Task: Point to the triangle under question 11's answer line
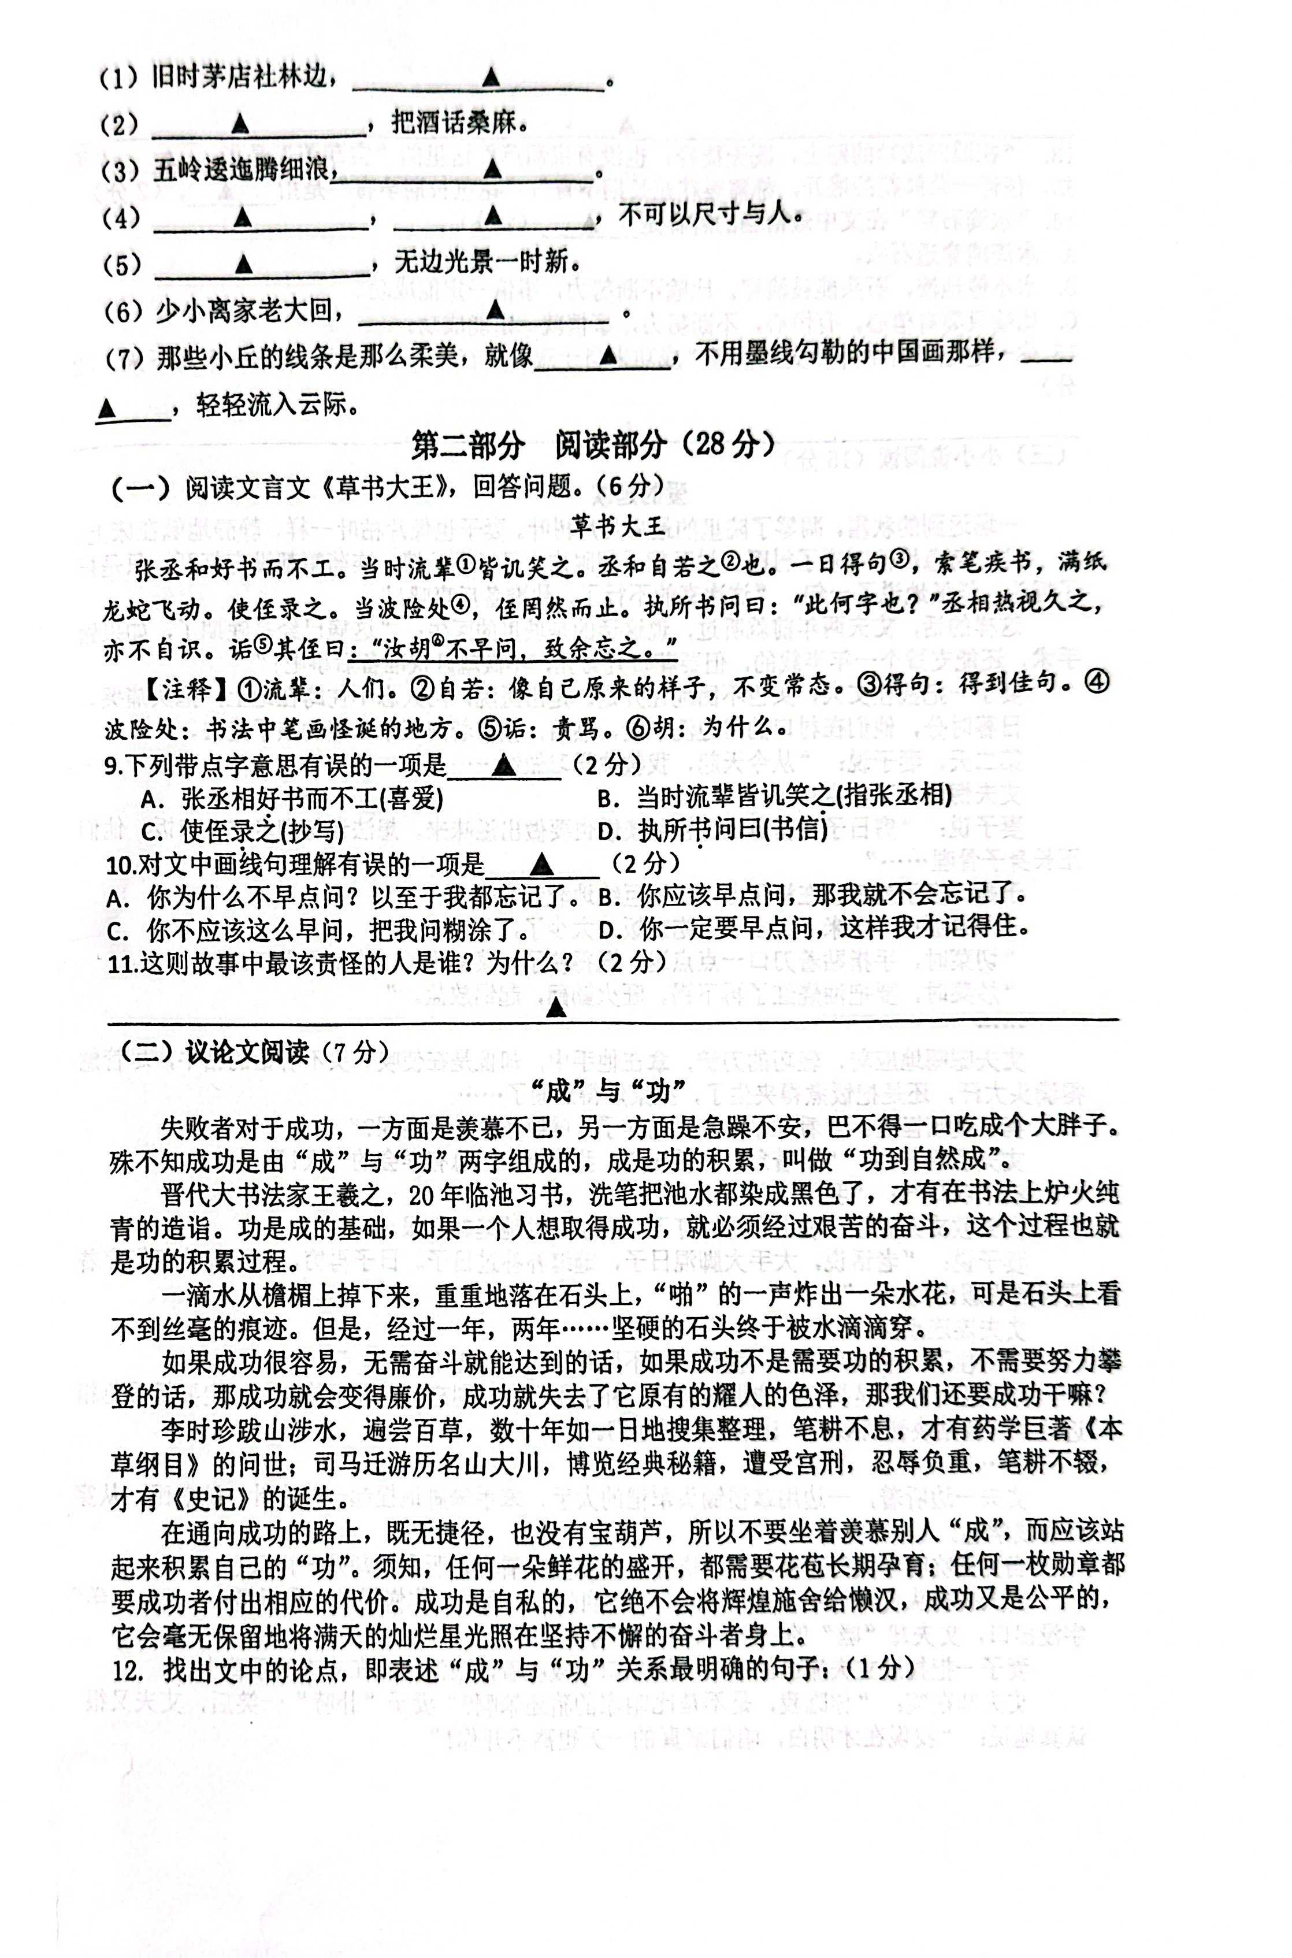[556, 1007]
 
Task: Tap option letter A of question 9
[149, 799]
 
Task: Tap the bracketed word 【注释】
[177, 689]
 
